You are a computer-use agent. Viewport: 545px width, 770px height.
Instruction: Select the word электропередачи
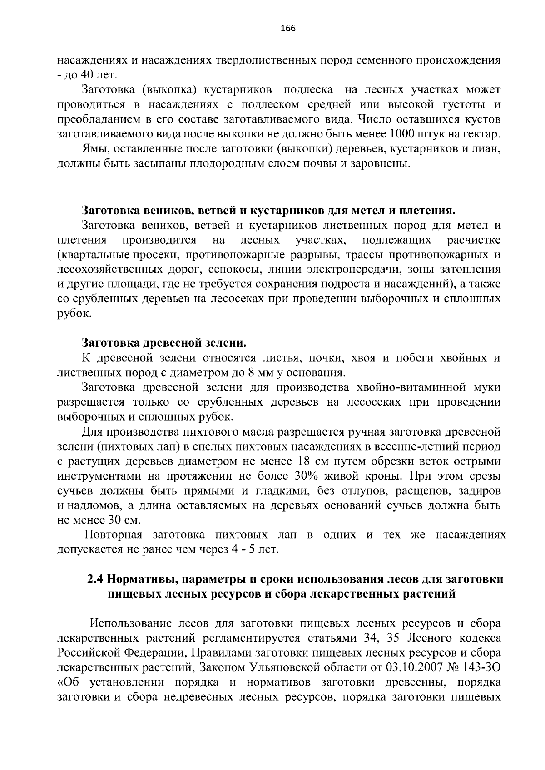click(343, 269)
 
